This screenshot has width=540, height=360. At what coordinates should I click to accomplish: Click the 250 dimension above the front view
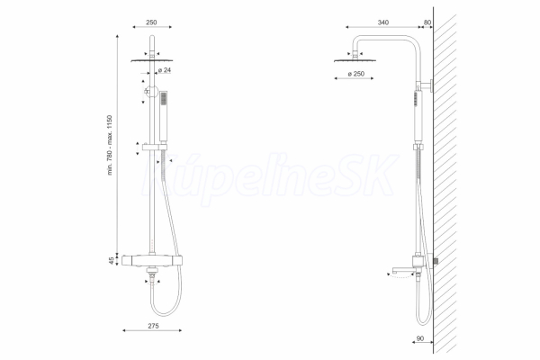click(151, 22)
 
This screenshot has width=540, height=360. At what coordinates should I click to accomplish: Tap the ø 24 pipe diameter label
click(165, 70)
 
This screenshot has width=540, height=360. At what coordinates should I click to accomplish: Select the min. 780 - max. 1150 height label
click(110, 145)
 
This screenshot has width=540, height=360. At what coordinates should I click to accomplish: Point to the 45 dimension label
click(112, 261)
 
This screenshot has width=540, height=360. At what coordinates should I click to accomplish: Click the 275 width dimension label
click(153, 326)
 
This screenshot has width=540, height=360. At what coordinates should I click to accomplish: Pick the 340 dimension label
click(383, 22)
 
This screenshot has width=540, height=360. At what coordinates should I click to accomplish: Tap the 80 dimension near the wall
click(427, 22)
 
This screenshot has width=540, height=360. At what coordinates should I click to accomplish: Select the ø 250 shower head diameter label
click(355, 74)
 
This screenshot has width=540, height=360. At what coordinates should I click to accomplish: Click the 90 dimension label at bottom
click(420, 338)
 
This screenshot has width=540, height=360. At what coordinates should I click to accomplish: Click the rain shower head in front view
click(152, 60)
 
